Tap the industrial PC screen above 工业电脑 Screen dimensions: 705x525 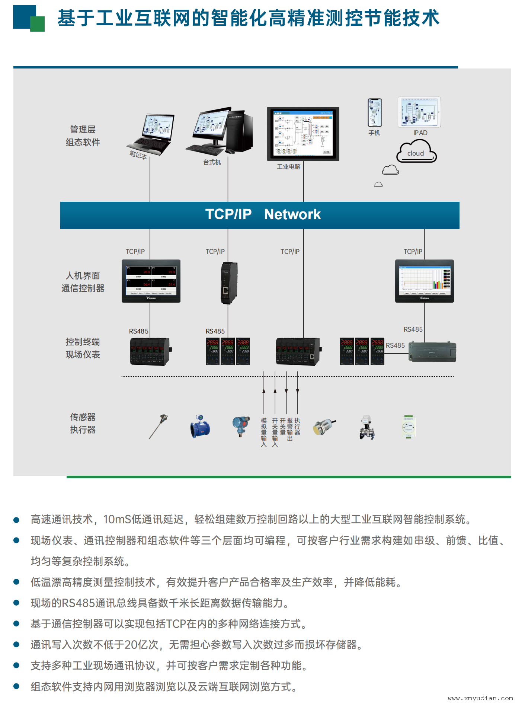pos(303,133)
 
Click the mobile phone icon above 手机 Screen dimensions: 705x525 pos(375,112)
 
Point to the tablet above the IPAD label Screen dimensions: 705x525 pos(419,112)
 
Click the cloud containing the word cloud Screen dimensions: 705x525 pos(416,152)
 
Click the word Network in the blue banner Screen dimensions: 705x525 pos(292,214)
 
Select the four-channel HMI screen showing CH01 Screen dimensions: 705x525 pos(151,281)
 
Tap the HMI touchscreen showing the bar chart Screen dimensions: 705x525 pos(424,281)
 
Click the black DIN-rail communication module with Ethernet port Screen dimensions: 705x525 pos(228,283)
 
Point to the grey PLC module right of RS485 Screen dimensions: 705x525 pos(433,352)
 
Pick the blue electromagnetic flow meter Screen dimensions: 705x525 pos(200,427)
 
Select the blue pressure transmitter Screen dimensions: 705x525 pos(241,426)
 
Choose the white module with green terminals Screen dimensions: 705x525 pos(408,427)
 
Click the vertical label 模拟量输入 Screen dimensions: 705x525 pos(264,432)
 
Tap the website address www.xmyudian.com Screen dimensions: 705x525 pos(480,698)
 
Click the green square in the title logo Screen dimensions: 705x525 pos(37,24)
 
